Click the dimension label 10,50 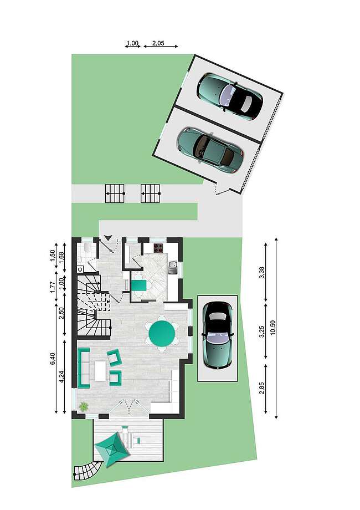click(272, 328)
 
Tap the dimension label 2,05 click(158, 43)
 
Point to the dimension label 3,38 click(262, 272)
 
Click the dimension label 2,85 click(262, 387)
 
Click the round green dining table click(162, 334)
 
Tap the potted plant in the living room click(84, 406)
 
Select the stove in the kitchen click(158, 248)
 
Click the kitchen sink click(173, 268)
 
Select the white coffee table click(100, 371)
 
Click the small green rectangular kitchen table click(138, 286)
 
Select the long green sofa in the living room click(84, 368)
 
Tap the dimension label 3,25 click(262, 331)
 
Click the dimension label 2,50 click(61, 313)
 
